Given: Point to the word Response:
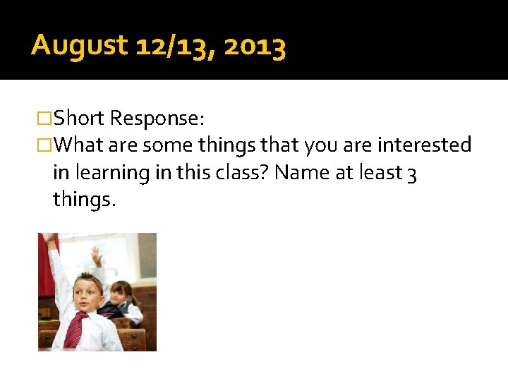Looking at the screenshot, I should [x=157, y=118].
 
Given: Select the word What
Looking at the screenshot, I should [x=79, y=145].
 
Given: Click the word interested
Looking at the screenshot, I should [x=424, y=145].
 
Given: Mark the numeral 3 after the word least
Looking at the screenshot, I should [x=411, y=174].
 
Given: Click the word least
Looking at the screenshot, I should [x=379, y=173].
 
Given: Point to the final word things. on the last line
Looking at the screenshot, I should [x=84, y=200].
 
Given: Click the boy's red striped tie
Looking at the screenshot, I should [x=75, y=329].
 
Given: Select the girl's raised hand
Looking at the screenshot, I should [x=96, y=255].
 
